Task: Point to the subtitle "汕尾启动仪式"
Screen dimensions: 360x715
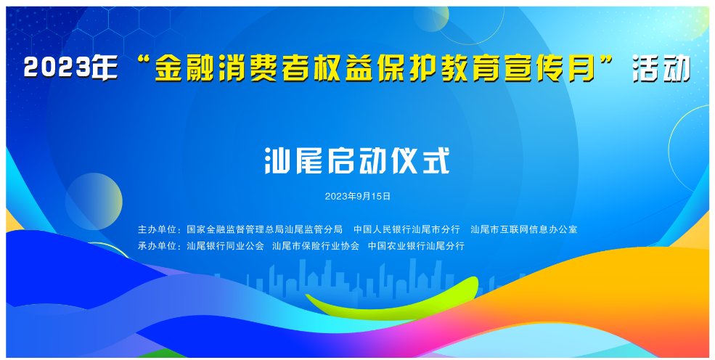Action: [356, 161]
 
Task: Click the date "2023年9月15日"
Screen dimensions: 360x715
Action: [357, 196]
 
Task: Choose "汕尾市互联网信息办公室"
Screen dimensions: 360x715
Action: [523, 229]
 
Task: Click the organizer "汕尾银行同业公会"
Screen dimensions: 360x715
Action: [225, 246]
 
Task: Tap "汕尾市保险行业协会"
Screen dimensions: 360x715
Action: [316, 246]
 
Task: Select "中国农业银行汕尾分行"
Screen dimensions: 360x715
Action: [416, 246]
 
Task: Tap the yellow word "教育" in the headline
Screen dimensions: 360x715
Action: [482, 68]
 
